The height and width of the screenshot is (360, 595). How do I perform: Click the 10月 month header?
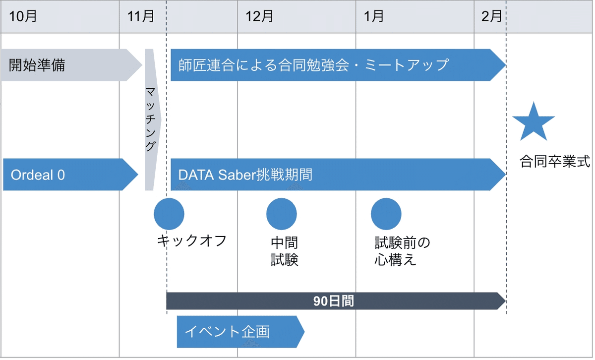(23, 16)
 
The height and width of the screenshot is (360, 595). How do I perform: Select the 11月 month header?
(141, 16)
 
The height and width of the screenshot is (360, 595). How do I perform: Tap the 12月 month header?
(259, 16)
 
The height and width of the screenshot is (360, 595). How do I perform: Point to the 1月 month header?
(374, 16)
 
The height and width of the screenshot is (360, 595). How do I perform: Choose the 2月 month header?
(491, 16)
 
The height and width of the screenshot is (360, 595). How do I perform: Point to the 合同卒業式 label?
(555, 162)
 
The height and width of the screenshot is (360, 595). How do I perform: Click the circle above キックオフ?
(169, 214)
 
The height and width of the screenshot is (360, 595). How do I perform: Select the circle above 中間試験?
(282, 214)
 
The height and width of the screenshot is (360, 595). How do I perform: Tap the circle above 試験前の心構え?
(386, 214)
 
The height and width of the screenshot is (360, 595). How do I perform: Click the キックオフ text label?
(192, 241)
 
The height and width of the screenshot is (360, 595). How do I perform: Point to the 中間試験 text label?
(285, 251)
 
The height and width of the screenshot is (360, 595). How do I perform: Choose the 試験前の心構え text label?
(402, 251)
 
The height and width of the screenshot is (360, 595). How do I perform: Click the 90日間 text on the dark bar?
(334, 301)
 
